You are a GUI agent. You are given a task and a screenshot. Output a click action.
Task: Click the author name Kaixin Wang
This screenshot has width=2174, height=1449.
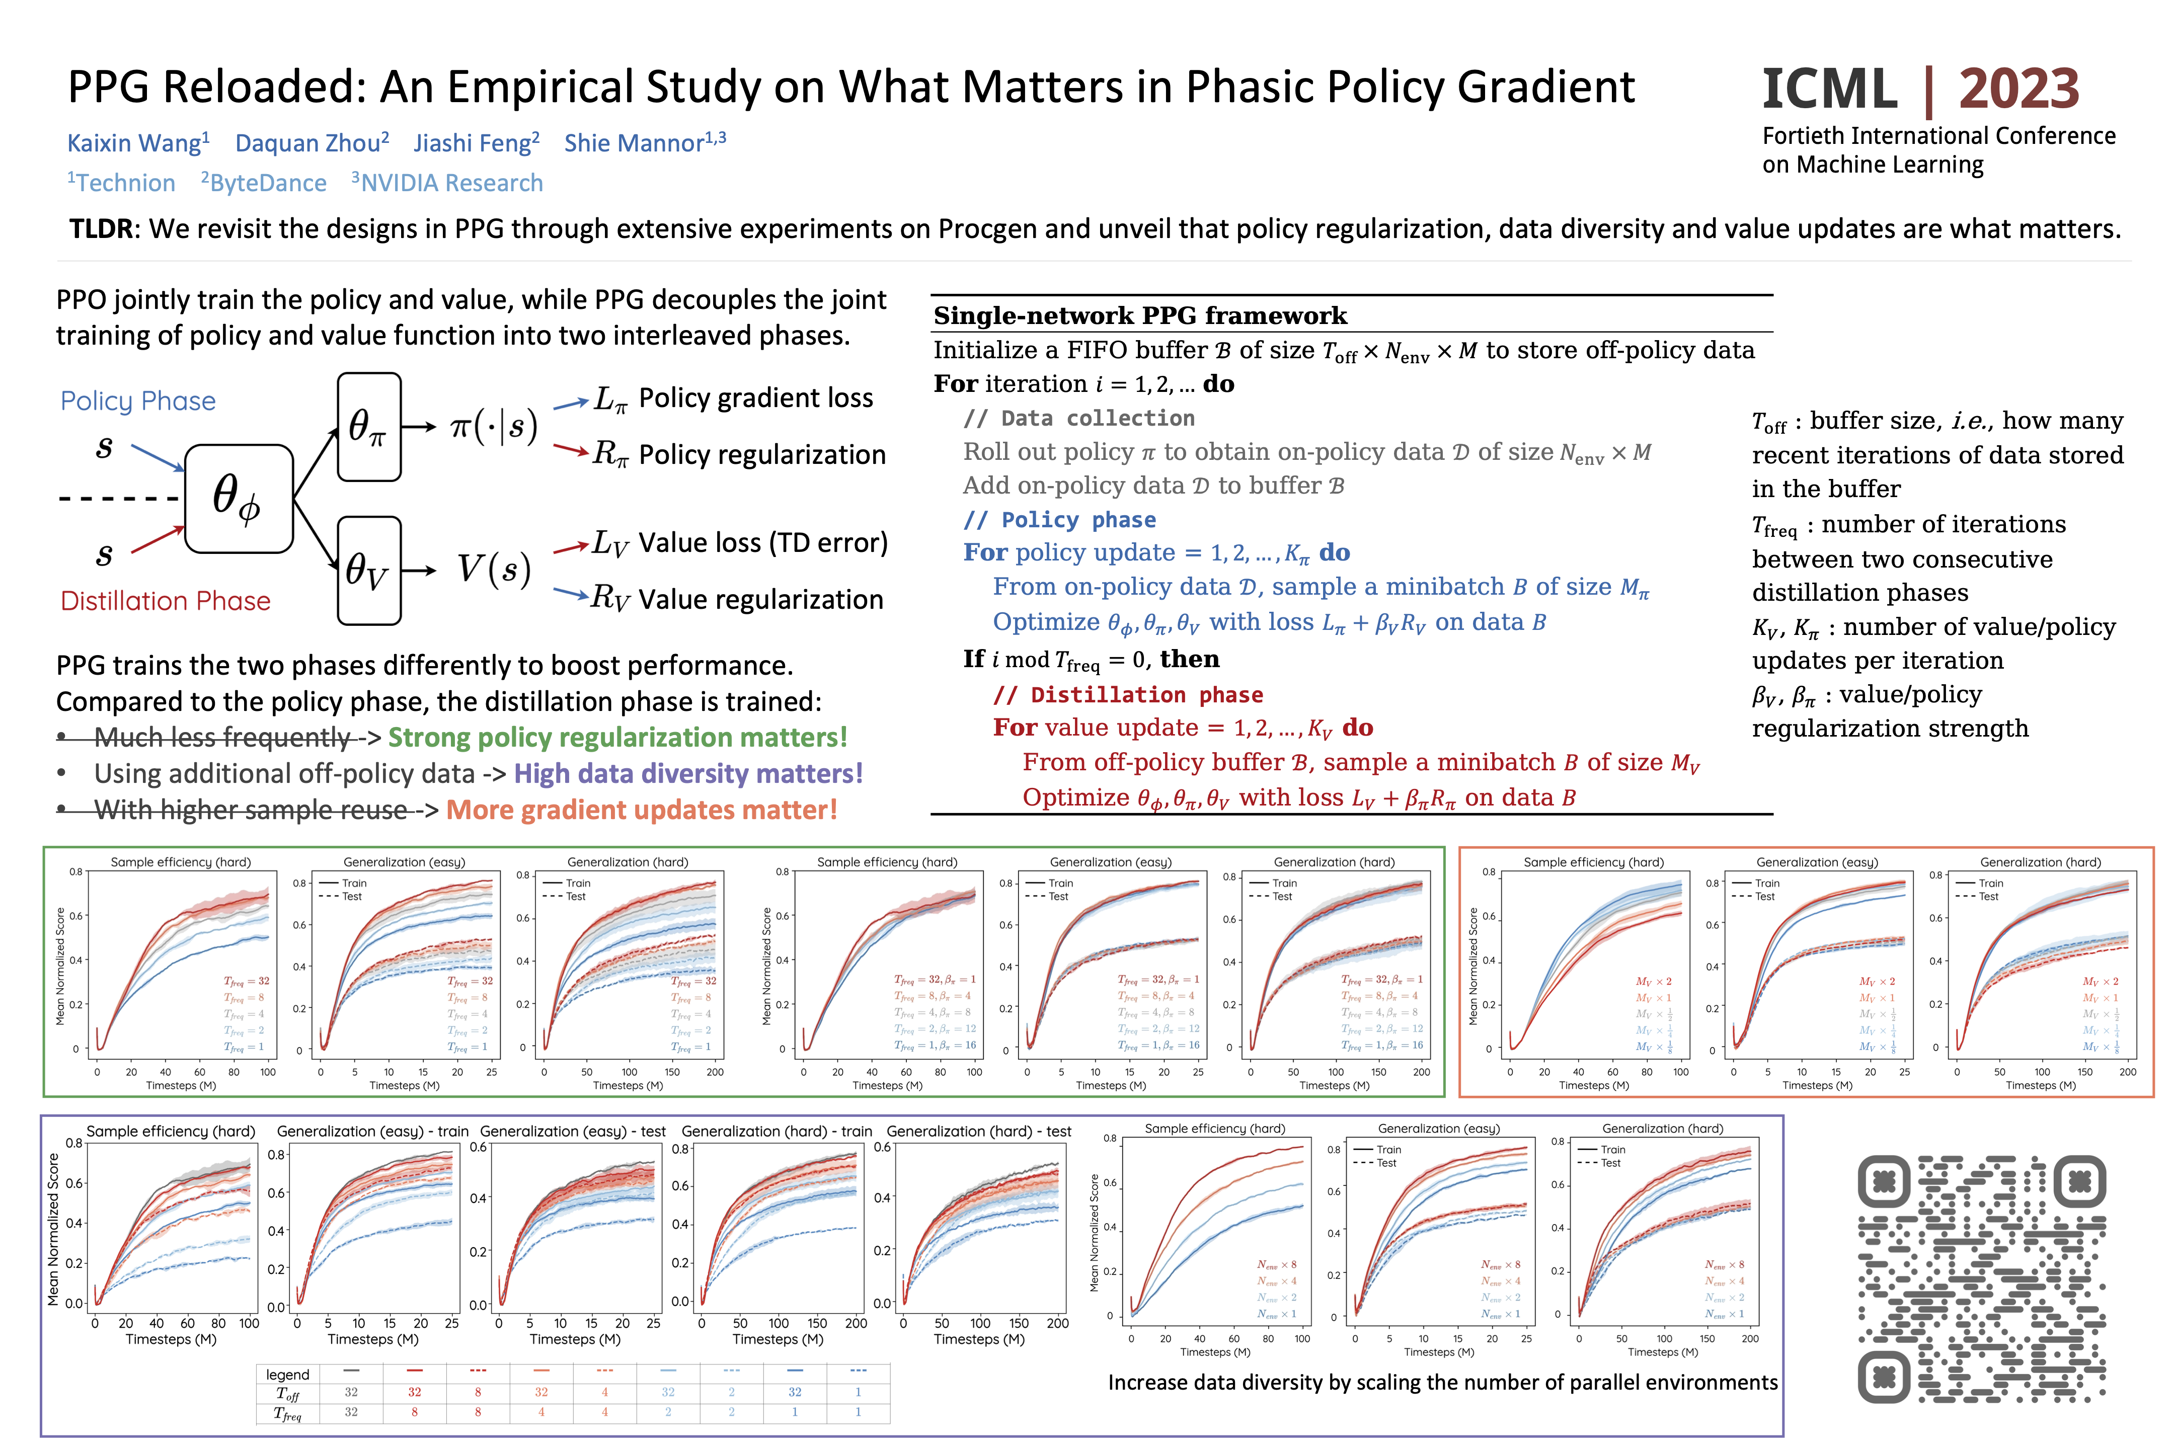[x=134, y=143]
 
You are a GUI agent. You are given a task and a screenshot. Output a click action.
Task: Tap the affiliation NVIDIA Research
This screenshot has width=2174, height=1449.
[x=451, y=183]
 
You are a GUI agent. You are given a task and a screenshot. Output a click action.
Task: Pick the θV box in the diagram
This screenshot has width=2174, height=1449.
[x=369, y=570]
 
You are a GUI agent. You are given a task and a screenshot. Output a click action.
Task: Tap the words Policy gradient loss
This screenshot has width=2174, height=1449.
[x=755, y=398]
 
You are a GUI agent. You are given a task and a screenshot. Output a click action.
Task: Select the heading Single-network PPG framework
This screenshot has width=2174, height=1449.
[x=1140, y=316]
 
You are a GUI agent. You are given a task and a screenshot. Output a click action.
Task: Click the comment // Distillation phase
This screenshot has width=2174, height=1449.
[x=1128, y=695]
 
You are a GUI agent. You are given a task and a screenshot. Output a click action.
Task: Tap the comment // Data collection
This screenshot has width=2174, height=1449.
[x=1078, y=419]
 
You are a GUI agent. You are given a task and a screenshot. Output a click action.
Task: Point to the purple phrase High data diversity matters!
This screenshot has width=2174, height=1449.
[x=688, y=773]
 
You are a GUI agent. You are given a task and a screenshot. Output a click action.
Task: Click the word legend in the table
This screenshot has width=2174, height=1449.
[x=287, y=1374]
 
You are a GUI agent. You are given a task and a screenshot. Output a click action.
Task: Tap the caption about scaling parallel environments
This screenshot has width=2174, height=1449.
[x=1442, y=1383]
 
